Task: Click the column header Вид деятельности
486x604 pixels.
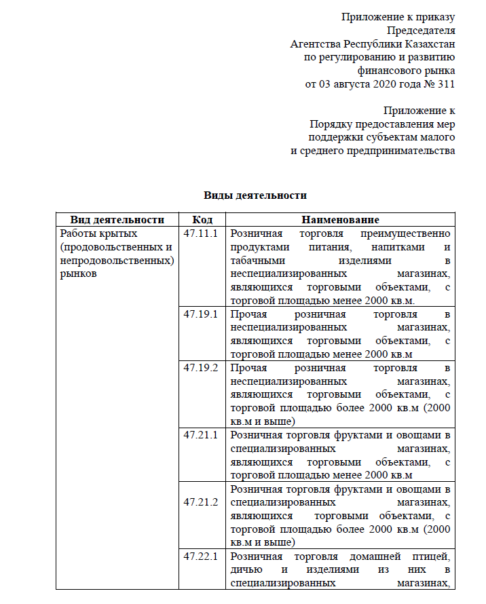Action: click(x=117, y=220)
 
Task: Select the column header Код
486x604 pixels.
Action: click(x=202, y=220)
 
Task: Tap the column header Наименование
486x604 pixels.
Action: click(x=340, y=220)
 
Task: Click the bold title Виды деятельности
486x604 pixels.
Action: click(x=255, y=195)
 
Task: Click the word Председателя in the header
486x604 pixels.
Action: click(x=421, y=30)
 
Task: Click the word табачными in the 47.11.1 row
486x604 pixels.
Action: click(x=255, y=261)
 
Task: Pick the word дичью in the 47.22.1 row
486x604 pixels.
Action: click(x=245, y=569)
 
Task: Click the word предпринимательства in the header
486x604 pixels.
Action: click(x=395, y=151)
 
